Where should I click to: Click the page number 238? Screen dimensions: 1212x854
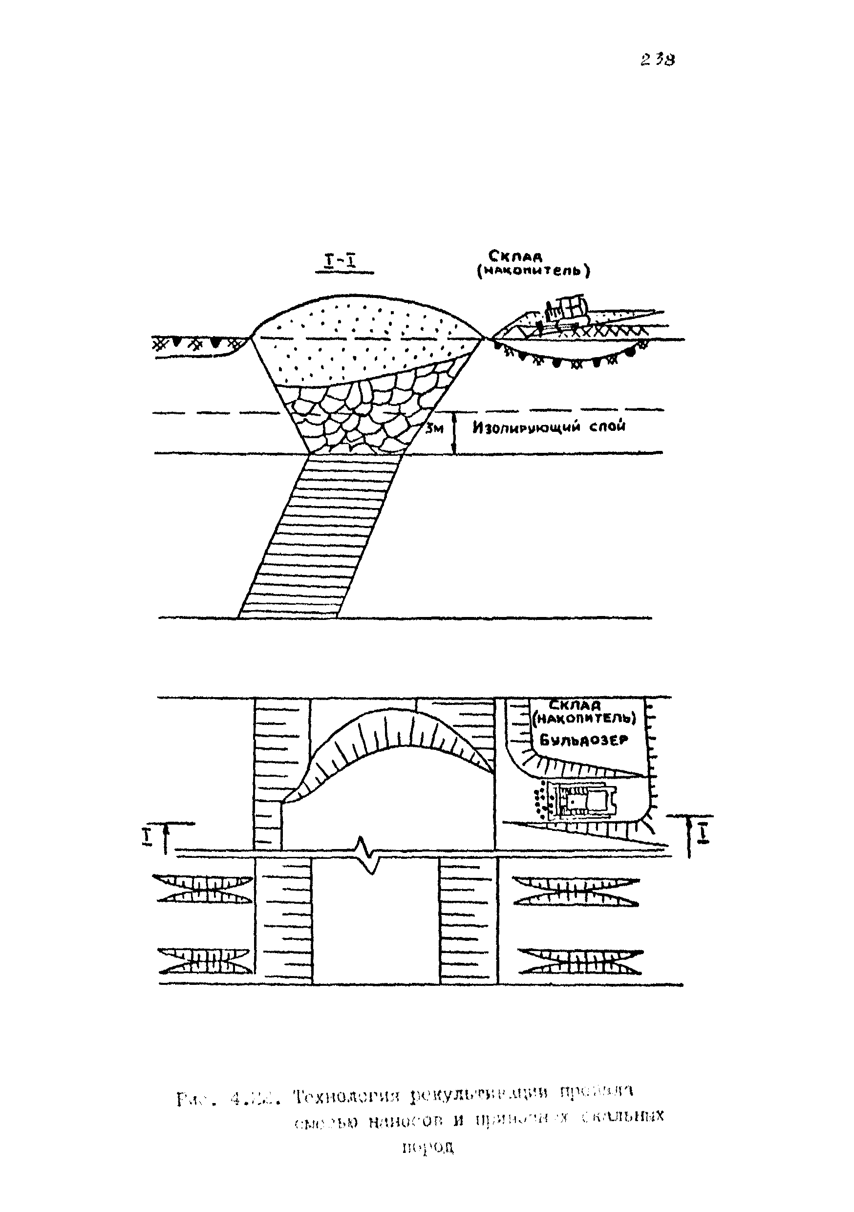pyautogui.click(x=658, y=60)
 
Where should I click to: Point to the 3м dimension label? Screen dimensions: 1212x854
pyautogui.click(x=435, y=428)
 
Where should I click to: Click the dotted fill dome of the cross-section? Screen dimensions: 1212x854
pyautogui.click(x=364, y=338)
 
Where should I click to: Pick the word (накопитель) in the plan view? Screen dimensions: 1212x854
pyautogui.click(x=584, y=720)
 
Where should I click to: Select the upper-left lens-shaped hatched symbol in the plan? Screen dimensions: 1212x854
pyautogui.click(x=202, y=889)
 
